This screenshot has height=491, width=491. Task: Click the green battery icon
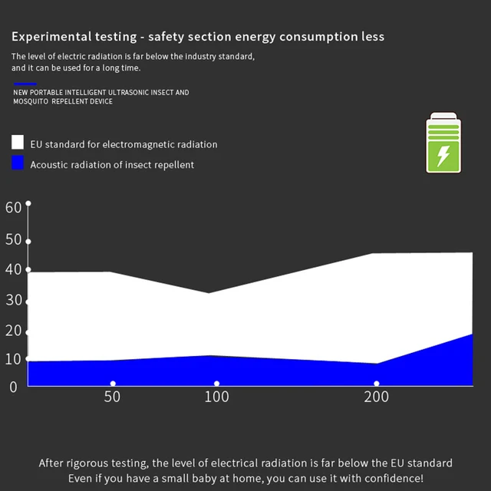(x=443, y=143)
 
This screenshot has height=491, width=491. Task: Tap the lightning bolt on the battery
(x=443, y=156)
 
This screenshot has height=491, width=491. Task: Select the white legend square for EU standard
(x=18, y=143)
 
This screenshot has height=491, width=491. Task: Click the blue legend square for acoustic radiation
(x=18, y=163)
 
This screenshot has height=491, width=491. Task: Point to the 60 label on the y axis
(x=13, y=207)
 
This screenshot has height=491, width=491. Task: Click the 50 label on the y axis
(x=13, y=239)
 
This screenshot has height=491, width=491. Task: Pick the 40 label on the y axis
(x=13, y=270)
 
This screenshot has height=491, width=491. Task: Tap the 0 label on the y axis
(x=13, y=387)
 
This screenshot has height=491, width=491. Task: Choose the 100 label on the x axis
(x=216, y=397)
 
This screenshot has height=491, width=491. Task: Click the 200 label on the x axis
(x=376, y=397)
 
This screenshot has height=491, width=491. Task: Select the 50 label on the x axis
(x=112, y=397)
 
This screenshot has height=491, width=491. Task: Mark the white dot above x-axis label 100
(x=216, y=384)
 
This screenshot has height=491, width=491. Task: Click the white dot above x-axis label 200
(x=376, y=384)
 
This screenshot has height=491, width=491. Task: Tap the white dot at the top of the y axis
(x=28, y=203)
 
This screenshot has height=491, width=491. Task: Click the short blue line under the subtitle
(x=25, y=84)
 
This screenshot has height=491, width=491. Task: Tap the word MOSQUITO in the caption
(x=31, y=101)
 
